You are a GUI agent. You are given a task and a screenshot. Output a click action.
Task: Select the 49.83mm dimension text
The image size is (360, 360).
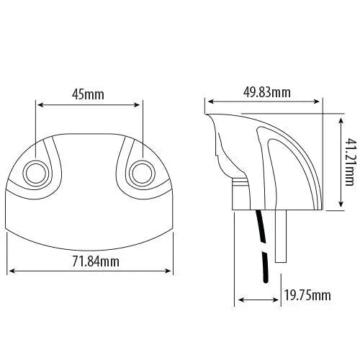[266, 91]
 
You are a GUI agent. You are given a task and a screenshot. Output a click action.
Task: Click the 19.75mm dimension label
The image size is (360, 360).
[307, 296]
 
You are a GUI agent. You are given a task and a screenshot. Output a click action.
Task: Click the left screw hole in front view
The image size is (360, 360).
[35, 172]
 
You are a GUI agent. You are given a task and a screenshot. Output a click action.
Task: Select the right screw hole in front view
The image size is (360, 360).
[142, 172]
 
